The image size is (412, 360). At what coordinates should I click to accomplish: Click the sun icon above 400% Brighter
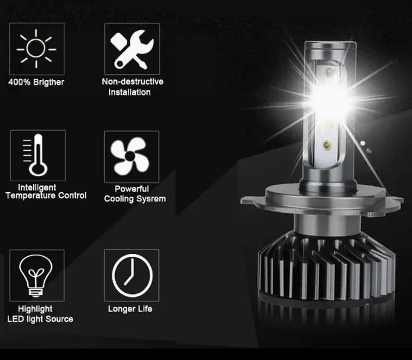click(x=36, y=48)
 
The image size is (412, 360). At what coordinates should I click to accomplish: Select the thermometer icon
click(x=37, y=156)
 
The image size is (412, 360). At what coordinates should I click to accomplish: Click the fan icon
click(x=131, y=156)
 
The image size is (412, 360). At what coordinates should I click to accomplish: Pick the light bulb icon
click(x=36, y=276)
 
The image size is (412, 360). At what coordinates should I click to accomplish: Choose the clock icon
click(x=131, y=276)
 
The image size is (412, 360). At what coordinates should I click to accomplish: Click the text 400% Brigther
click(x=36, y=82)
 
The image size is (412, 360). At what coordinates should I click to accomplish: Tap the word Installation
click(x=130, y=92)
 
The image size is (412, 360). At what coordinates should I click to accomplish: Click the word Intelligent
click(x=37, y=187)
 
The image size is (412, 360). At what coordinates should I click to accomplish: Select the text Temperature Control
click(x=46, y=196)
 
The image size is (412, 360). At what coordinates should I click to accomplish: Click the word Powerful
click(x=132, y=189)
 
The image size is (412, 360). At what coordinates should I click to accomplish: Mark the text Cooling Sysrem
click(x=135, y=199)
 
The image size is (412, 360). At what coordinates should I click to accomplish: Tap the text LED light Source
click(x=40, y=319)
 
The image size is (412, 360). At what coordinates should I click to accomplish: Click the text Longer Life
click(x=130, y=309)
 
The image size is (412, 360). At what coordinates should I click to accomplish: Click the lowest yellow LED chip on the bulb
click(x=328, y=145)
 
